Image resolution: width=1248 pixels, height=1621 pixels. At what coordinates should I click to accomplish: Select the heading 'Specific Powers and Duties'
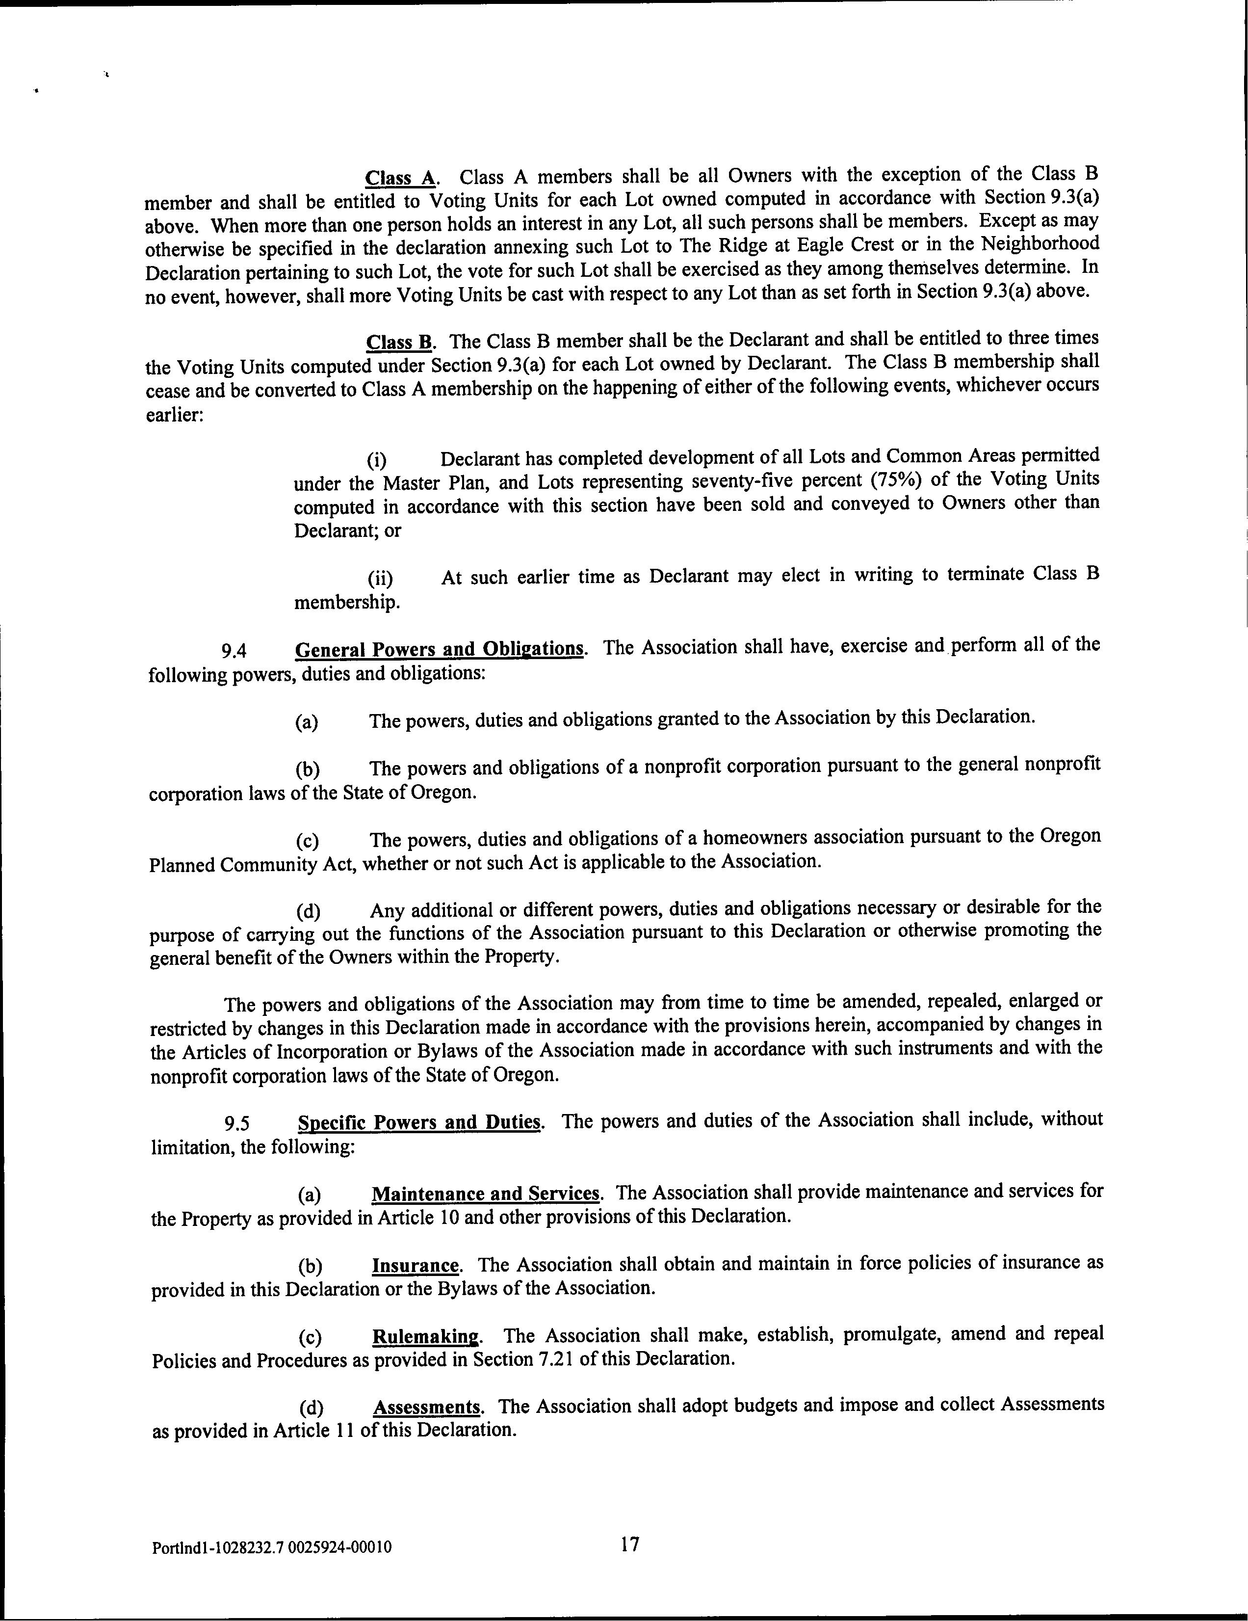[x=419, y=1121]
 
